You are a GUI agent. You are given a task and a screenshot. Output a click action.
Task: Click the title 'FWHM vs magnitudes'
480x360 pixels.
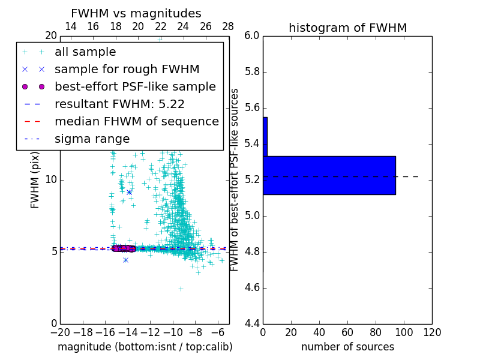pyautogui.click(x=136, y=14)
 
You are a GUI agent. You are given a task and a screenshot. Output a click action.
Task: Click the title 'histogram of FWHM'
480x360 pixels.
pyautogui.click(x=347, y=28)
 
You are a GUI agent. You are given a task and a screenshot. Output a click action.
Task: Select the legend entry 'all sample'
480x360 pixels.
pyautogui.click(x=85, y=52)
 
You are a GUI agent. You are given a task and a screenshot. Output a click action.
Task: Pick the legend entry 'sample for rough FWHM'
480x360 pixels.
pyautogui.click(x=127, y=69)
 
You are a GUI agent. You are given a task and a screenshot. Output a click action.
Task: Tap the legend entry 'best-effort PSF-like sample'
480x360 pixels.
pyautogui.click(x=135, y=86)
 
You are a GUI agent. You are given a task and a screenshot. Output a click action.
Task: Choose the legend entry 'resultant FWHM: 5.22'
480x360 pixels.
pyautogui.click(x=119, y=104)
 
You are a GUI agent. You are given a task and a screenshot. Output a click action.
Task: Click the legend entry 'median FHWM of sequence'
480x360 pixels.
pyautogui.click(x=136, y=121)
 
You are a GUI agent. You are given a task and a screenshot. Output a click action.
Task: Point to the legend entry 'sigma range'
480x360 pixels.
pyautogui.click(x=92, y=139)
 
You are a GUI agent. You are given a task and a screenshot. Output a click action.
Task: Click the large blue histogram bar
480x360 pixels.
pyautogui.click(x=329, y=175)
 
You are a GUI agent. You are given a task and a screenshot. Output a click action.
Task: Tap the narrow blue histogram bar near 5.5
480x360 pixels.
pyautogui.click(x=265, y=137)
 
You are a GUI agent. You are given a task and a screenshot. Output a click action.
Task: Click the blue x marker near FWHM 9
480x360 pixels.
pyautogui.click(x=129, y=192)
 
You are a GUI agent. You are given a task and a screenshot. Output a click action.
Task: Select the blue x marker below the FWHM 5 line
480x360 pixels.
pyautogui.click(x=125, y=260)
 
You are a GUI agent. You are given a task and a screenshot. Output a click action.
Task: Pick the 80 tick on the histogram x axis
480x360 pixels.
pyautogui.click(x=376, y=332)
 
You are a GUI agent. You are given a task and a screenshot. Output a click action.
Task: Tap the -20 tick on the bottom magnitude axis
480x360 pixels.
pyautogui.click(x=60, y=332)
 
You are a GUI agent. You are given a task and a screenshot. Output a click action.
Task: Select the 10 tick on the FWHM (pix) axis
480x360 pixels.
pyautogui.click(x=51, y=180)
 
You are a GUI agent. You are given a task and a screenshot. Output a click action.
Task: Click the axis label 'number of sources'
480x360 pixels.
pyautogui.click(x=347, y=347)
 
